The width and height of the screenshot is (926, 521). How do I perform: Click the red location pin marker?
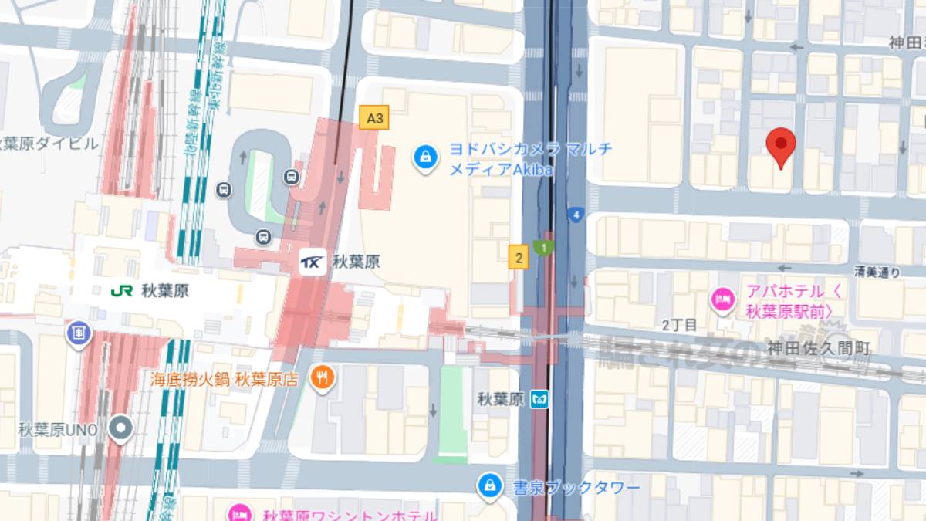781,145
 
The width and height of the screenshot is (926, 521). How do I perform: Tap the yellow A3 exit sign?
374,118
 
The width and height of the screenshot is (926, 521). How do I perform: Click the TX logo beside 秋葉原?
313,262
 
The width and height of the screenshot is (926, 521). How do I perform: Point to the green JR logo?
122,291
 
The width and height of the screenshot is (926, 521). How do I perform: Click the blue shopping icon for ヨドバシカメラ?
424,157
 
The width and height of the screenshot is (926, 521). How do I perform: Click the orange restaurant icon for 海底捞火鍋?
322,377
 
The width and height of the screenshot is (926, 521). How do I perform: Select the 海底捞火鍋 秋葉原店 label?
225,379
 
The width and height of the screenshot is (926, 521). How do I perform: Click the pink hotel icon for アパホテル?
723,297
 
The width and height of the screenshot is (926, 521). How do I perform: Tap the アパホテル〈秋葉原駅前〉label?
793,303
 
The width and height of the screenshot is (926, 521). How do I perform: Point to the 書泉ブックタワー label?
576,489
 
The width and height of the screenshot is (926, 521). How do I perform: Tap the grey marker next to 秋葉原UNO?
120,428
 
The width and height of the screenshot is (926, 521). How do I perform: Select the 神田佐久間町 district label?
818,349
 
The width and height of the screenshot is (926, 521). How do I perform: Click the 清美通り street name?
877,272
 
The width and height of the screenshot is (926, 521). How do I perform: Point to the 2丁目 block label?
679,325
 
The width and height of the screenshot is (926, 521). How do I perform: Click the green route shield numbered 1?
545,248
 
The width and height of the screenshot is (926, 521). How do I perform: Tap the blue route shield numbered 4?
574,215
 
